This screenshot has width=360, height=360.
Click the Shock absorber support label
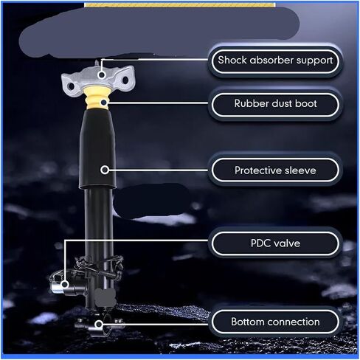tap(275, 61)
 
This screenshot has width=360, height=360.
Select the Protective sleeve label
tap(275, 170)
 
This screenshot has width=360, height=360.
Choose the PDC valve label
tap(275, 243)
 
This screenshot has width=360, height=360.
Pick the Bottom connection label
tap(275, 322)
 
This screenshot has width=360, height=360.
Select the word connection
tap(293, 322)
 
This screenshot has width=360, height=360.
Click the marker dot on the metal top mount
tap(102, 75)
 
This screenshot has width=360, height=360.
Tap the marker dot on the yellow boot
tap(104, 102)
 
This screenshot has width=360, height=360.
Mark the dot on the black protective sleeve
tap(105, 170)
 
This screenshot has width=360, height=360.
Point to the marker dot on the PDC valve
tap(65, 285)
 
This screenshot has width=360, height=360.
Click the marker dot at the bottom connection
tap(99, 325)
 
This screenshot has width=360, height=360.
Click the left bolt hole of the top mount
tap(72, 86)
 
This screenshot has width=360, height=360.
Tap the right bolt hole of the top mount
tap(125, 80)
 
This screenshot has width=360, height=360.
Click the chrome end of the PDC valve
tap(55, 286)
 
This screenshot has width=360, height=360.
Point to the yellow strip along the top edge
tap(179, 5)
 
